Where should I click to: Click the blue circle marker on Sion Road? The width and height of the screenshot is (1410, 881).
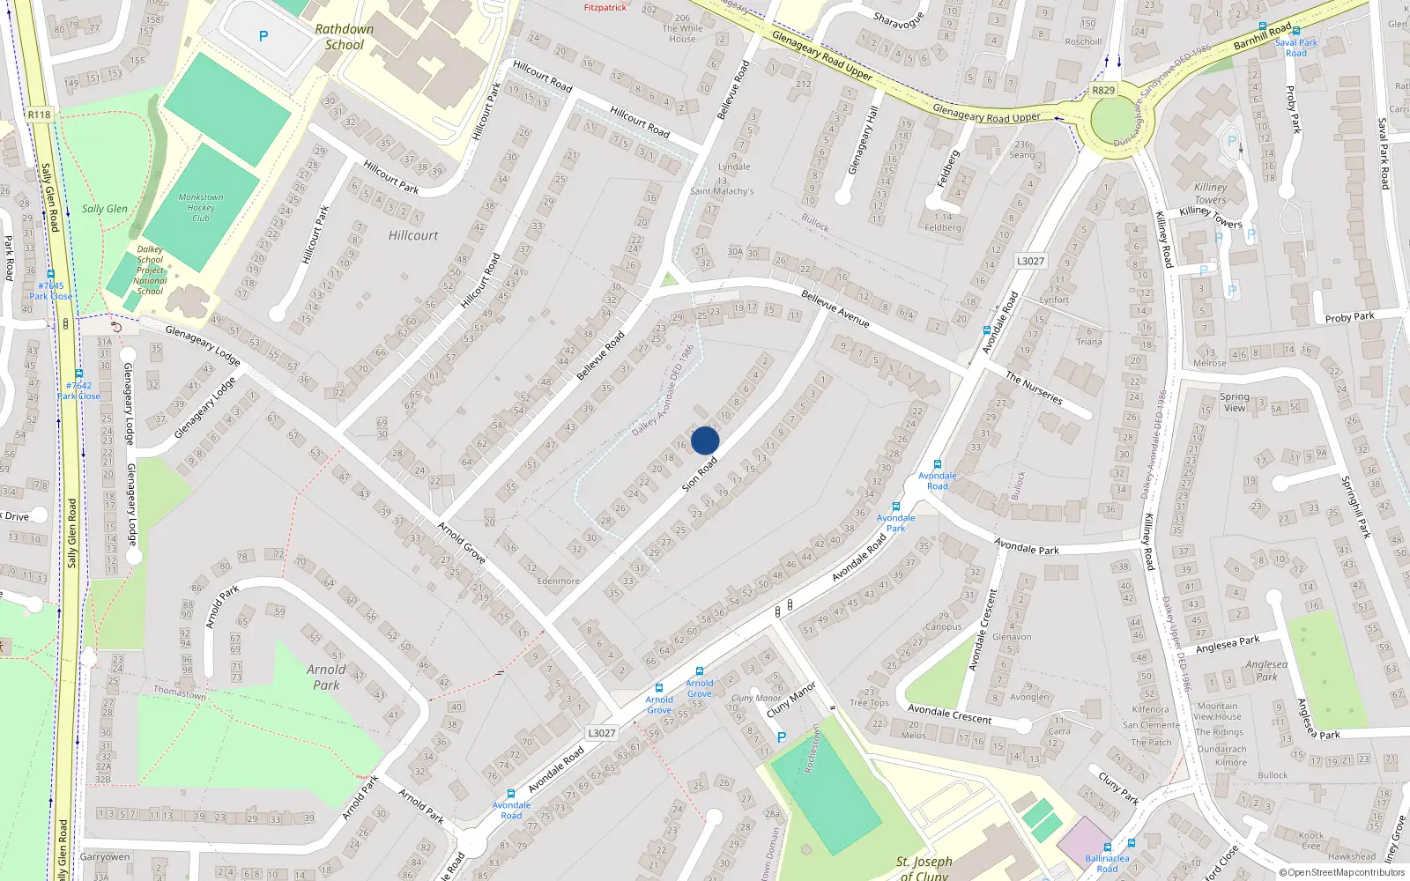[705, 440]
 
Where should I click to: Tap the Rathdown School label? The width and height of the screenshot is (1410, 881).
[344, 37]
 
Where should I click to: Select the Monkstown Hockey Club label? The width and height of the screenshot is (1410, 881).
[201, 208]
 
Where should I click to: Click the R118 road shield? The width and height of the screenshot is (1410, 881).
[39, 115]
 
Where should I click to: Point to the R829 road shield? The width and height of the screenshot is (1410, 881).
[1103, 90]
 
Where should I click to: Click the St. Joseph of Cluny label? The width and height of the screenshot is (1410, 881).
[924, 867]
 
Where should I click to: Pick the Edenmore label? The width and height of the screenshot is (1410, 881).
[558, 581]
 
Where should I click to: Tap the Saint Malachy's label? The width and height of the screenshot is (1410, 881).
[722, 191]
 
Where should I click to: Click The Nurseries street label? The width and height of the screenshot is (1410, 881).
[1034, 388]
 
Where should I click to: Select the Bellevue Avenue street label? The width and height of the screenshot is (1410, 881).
[835, 309]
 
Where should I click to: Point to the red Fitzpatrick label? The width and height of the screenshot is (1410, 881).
[605, 8]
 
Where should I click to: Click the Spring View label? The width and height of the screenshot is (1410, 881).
[1235, 402]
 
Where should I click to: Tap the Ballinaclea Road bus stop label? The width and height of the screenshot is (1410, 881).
[1107, 863]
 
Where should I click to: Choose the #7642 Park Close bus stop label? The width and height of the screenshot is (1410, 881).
[78, 390]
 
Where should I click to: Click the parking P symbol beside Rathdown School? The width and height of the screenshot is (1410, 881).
[263, 36]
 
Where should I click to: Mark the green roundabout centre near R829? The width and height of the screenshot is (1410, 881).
[1114, 119]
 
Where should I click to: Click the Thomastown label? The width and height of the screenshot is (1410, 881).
[180, 692]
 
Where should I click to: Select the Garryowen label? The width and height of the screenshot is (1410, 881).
[105, 856]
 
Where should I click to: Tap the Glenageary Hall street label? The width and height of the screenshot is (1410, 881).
[863, 141]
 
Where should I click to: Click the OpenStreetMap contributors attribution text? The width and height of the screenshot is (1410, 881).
[1341, 872]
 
